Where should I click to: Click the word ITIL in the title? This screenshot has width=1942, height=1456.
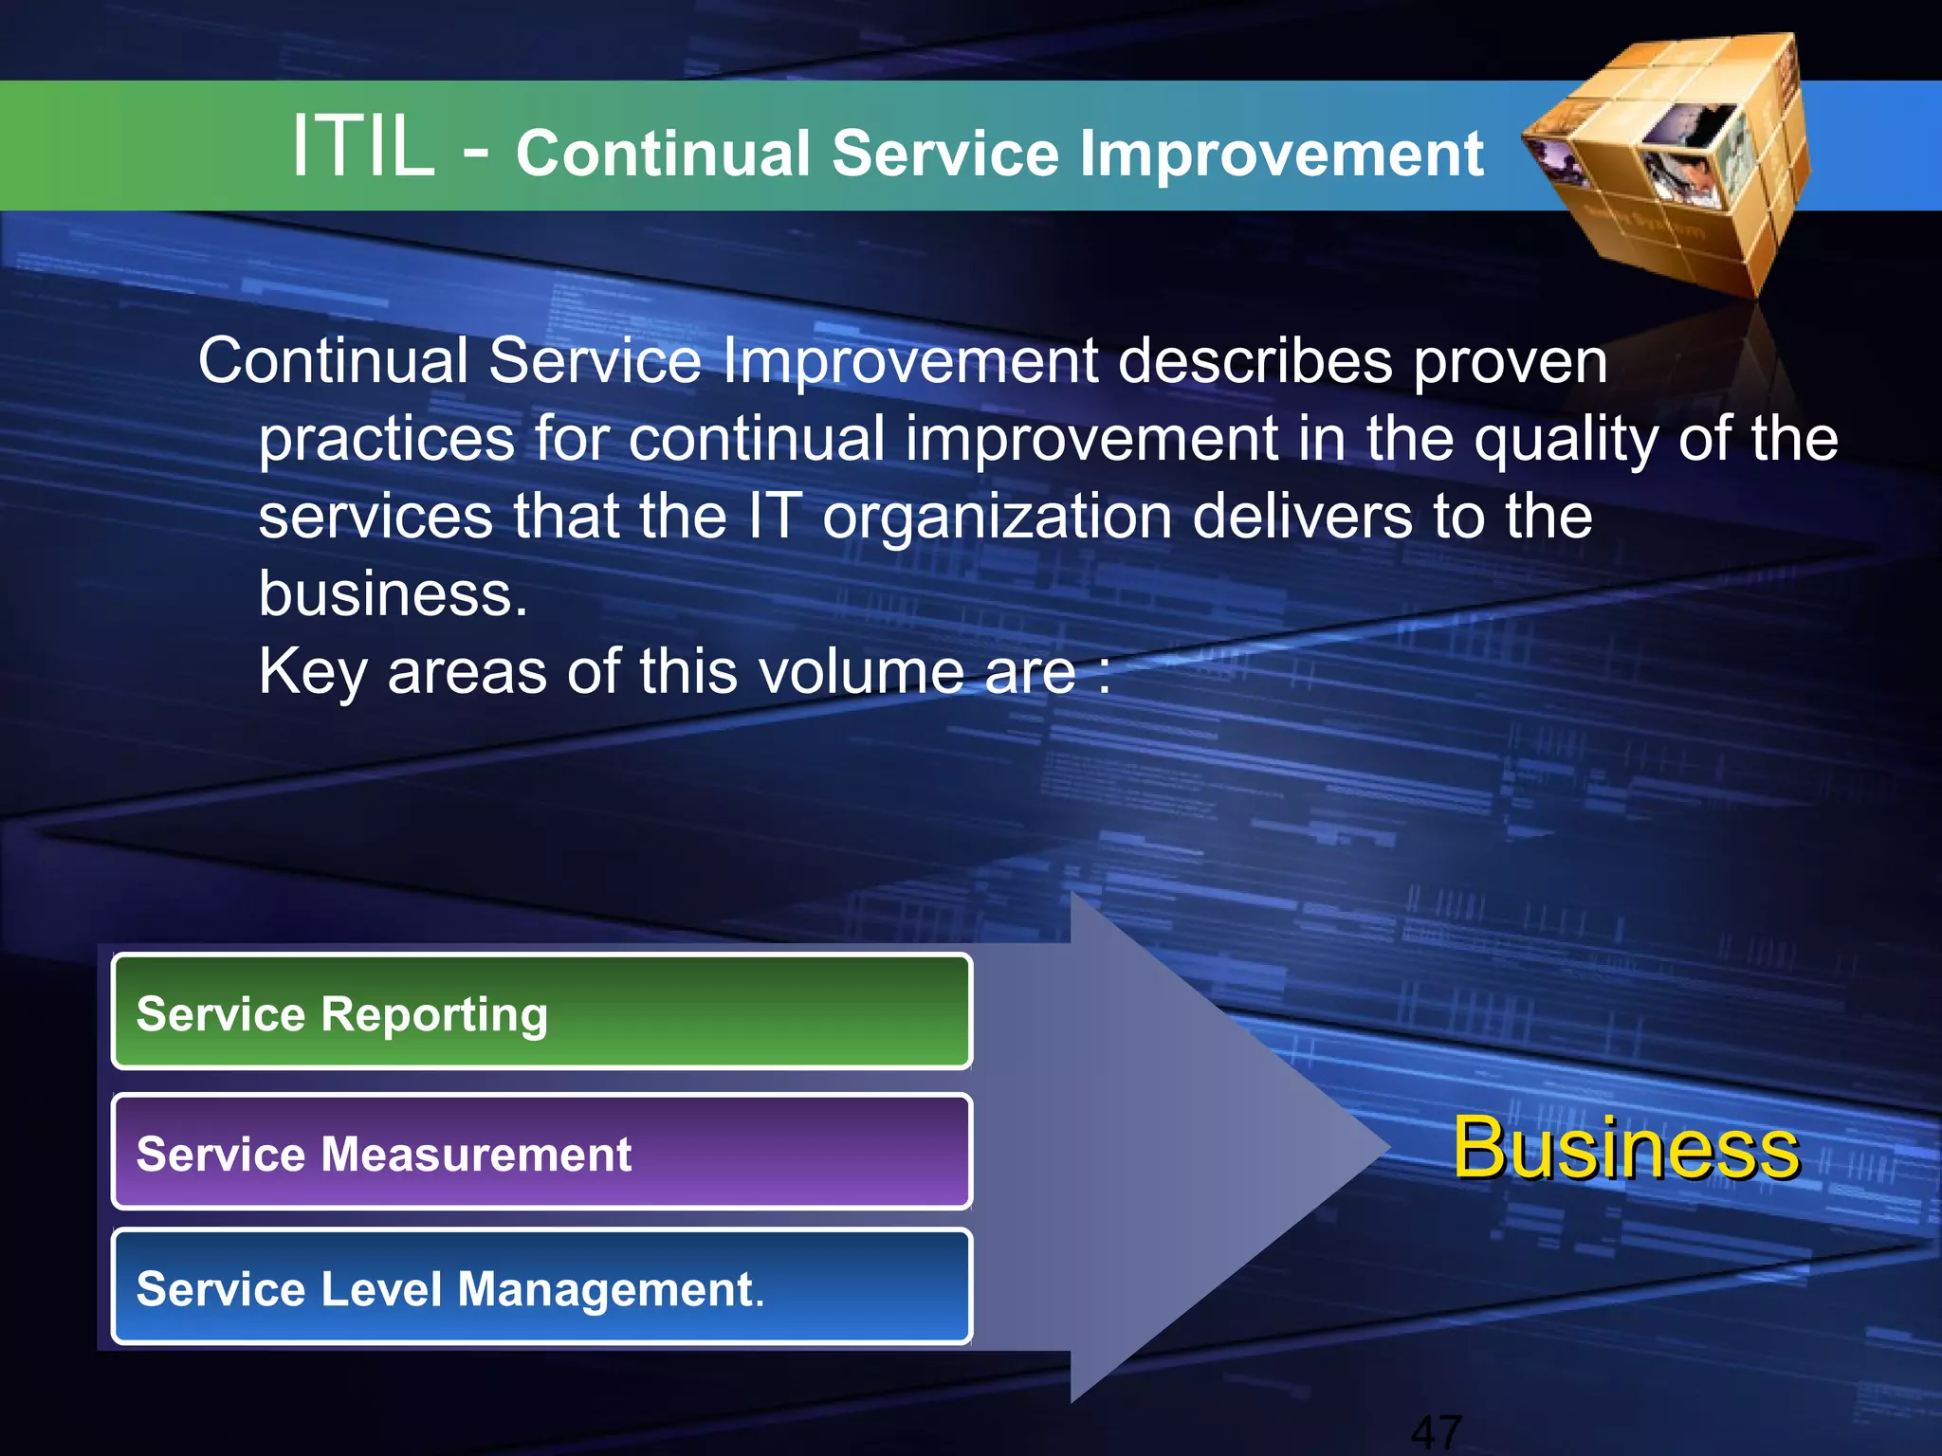point(362,147)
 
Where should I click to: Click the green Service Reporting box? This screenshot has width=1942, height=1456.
point(541,1012)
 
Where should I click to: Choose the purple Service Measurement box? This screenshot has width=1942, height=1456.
point(541,1152)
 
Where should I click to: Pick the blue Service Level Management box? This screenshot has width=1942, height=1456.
point(541,1287)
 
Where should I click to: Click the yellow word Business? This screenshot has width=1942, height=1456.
point(1625,1148)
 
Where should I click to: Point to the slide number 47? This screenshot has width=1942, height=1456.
point(1436,1431)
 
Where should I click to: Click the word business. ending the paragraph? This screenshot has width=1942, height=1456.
point(393,594)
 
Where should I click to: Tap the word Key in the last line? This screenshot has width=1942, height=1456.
point(313,673)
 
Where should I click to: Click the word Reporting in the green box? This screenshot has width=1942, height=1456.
point(434,1014)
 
